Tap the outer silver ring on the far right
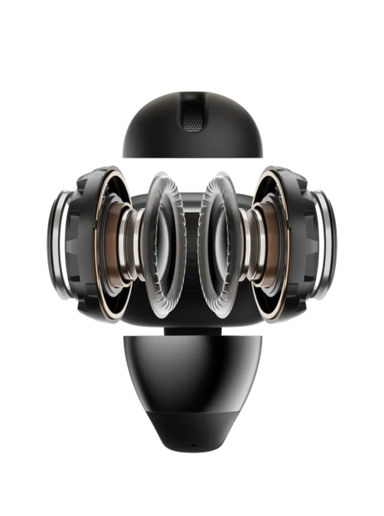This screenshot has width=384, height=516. (x=329, y=246)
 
